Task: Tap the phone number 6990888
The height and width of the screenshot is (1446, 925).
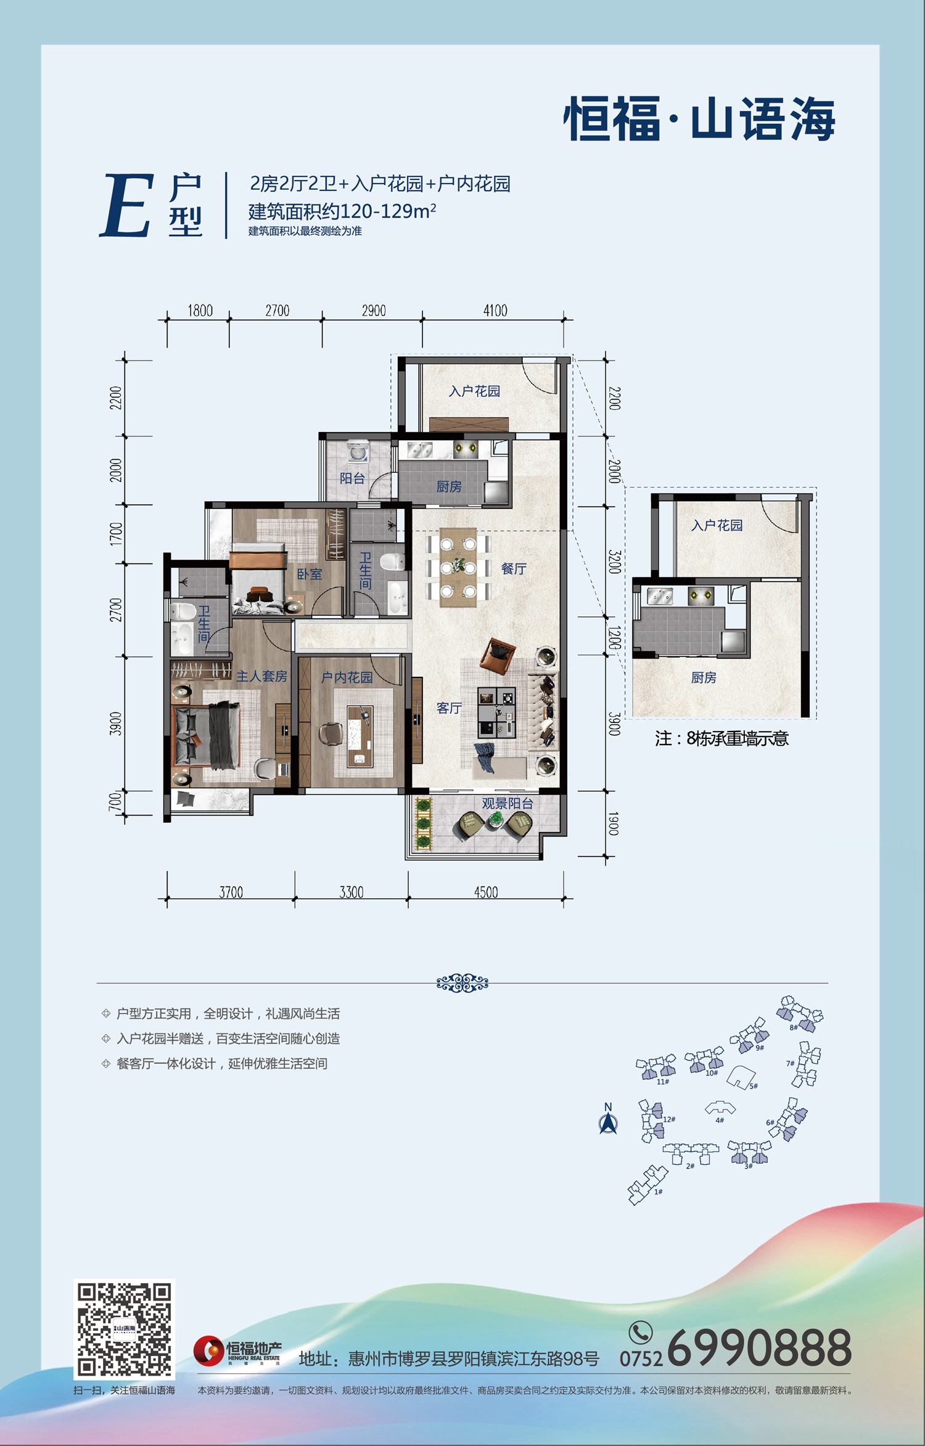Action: (760, 1347)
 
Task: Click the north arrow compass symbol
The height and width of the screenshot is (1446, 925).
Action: (608, 1119)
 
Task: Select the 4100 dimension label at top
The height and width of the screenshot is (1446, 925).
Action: (495, 311)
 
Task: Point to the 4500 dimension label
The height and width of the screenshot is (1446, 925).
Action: (486, 892)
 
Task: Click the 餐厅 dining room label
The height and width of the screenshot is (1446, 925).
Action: (514, 568)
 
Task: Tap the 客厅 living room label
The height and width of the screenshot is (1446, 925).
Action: (449, 708)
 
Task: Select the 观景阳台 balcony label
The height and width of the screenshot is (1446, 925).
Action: (508, 803)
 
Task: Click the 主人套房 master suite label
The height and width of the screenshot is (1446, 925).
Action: (261, 676)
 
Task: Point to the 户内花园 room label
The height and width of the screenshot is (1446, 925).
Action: (347, 677)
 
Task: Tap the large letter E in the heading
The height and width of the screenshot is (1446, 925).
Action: (126, 205)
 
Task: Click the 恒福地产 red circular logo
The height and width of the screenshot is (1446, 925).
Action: (208, 1351)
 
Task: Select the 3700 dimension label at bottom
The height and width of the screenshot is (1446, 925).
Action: (231, 892)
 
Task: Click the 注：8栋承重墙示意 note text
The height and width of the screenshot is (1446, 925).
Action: (721, 738)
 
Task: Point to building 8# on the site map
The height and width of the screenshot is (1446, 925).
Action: (800, 1014)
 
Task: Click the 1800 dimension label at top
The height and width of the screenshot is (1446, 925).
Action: (200, 311)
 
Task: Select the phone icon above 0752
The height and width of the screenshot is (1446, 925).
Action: (641, 1333)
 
